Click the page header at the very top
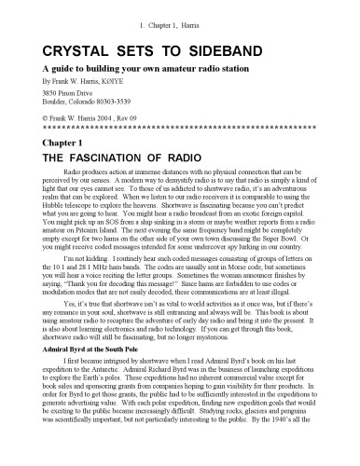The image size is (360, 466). [x=179, y=8]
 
